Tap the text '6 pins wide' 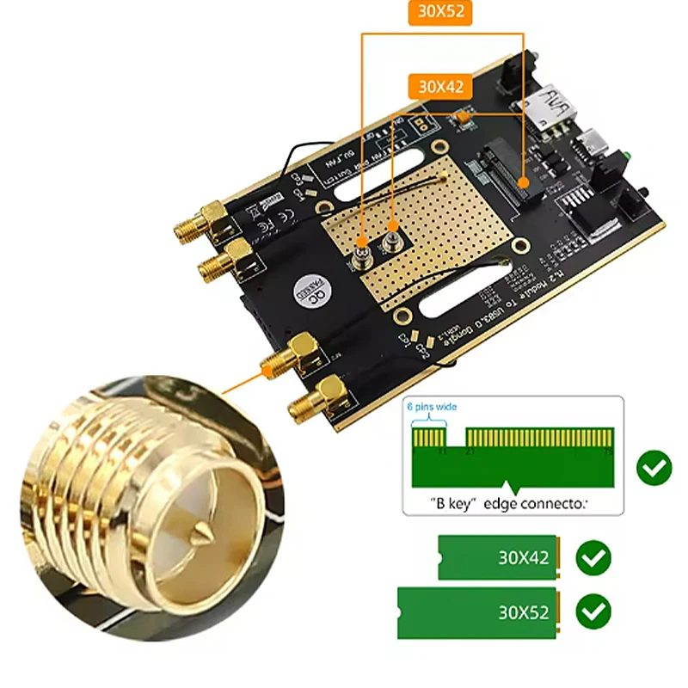click(x=431, y=406)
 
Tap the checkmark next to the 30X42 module click(x=593, y=558)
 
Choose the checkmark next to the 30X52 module click(x=593, y=612)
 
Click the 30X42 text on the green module click(x=523, y=558)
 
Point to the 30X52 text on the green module click(x=523, y=613)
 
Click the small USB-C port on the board click(x=592, y=140)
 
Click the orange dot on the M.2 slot click(x=464, y=114)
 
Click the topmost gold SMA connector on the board click(x=195, y=225)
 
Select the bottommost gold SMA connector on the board click(x=305, y=407)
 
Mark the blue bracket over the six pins click(x=428, y=420)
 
